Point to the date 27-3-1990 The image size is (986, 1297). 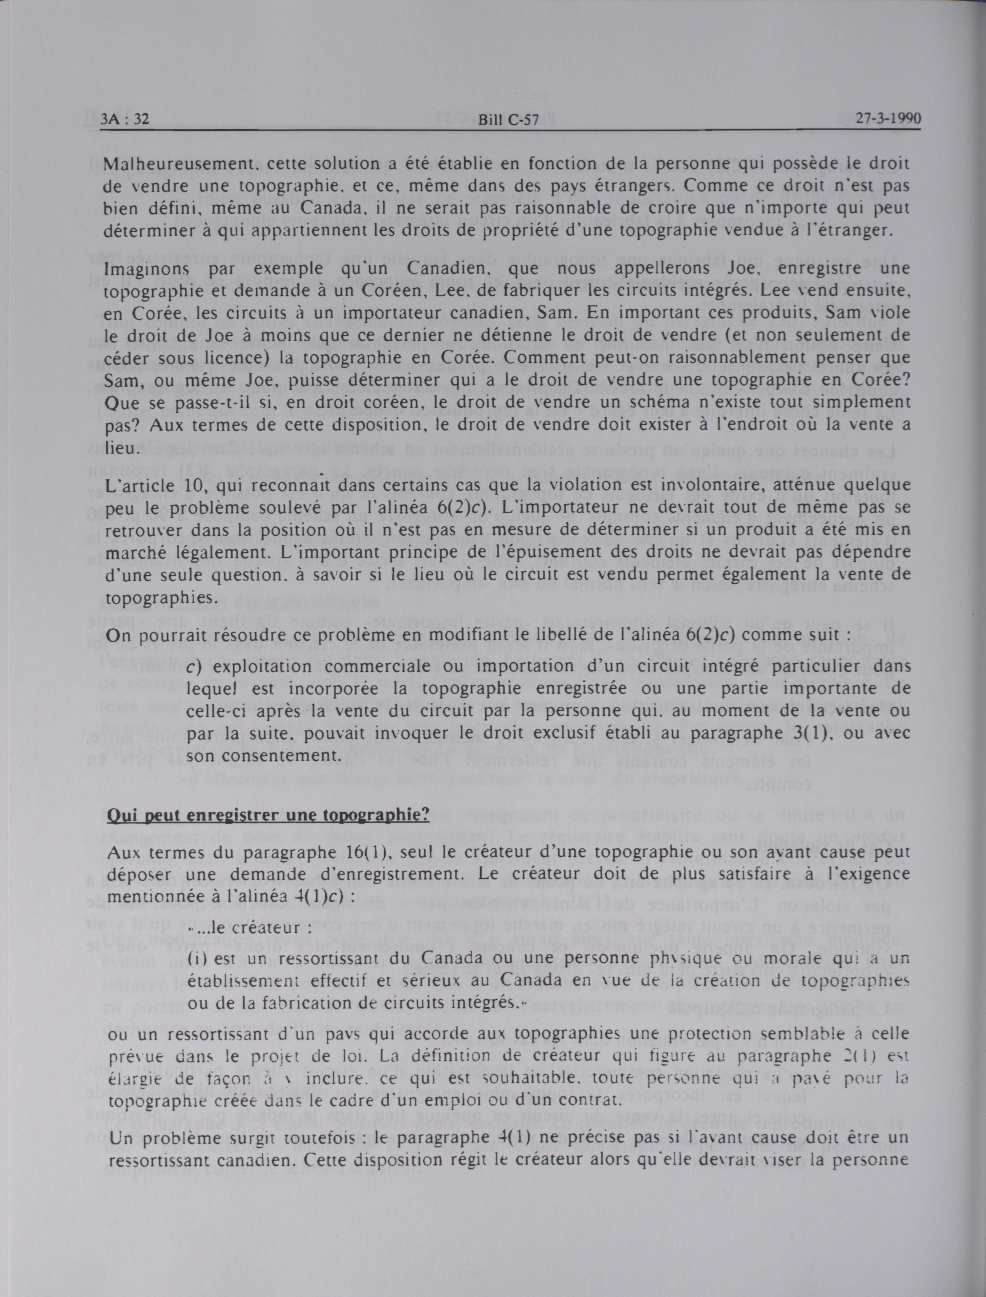(888, 118)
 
